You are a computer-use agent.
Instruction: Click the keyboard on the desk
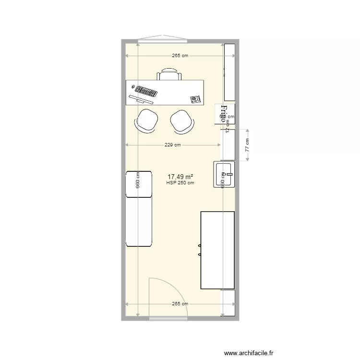tap(146, 91)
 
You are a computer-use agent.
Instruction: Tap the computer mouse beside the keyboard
tap(132, 87)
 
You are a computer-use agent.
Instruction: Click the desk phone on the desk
tap(195, 99)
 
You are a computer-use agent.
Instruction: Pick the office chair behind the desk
tap(169, 74)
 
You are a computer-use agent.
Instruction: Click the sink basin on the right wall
tap(224, 174)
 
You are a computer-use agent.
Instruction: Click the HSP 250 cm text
tap(180, 183)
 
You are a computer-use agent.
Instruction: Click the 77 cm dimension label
tap(247, 145)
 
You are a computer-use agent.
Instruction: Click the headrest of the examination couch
tap(139, 184)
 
